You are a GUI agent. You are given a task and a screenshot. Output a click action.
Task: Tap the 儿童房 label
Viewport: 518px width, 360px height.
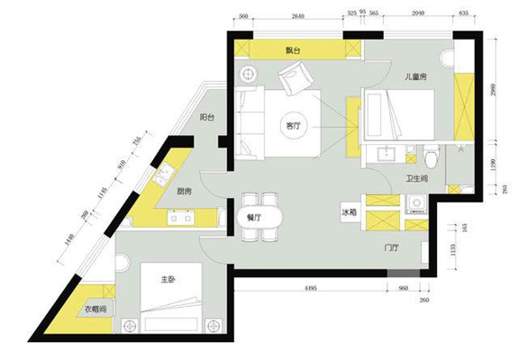(415, 78)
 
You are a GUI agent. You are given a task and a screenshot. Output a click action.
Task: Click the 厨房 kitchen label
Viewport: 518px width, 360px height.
(185, 191)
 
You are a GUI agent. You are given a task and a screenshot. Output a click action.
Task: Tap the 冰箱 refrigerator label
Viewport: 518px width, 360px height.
(350, 213)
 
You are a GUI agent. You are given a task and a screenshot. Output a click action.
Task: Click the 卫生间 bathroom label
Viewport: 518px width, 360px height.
(415, 179)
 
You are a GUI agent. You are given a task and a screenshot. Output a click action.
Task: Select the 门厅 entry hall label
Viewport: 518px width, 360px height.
(391, 247)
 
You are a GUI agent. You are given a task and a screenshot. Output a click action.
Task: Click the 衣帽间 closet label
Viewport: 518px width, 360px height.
(95, 310)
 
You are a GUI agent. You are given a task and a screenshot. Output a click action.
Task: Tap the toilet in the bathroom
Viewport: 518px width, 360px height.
(434, 157)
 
